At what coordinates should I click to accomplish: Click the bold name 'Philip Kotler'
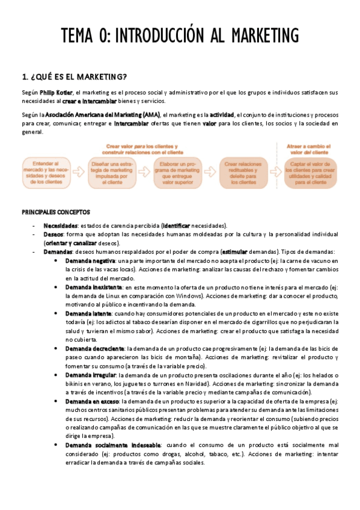pyautogui.click(x=55, y=93)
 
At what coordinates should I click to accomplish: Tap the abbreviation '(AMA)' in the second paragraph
pyautogui.click(x=151, y=114)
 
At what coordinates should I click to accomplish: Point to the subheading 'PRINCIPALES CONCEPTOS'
pyautogui.click(x=56, y=212)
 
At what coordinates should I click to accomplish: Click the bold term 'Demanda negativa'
pyautogui.click(x=90, y=262)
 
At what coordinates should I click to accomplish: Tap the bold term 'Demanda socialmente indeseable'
pyautogui.click(x=111, y=445)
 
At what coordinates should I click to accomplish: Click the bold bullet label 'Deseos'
pyautogui.click(x=53, y=235)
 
